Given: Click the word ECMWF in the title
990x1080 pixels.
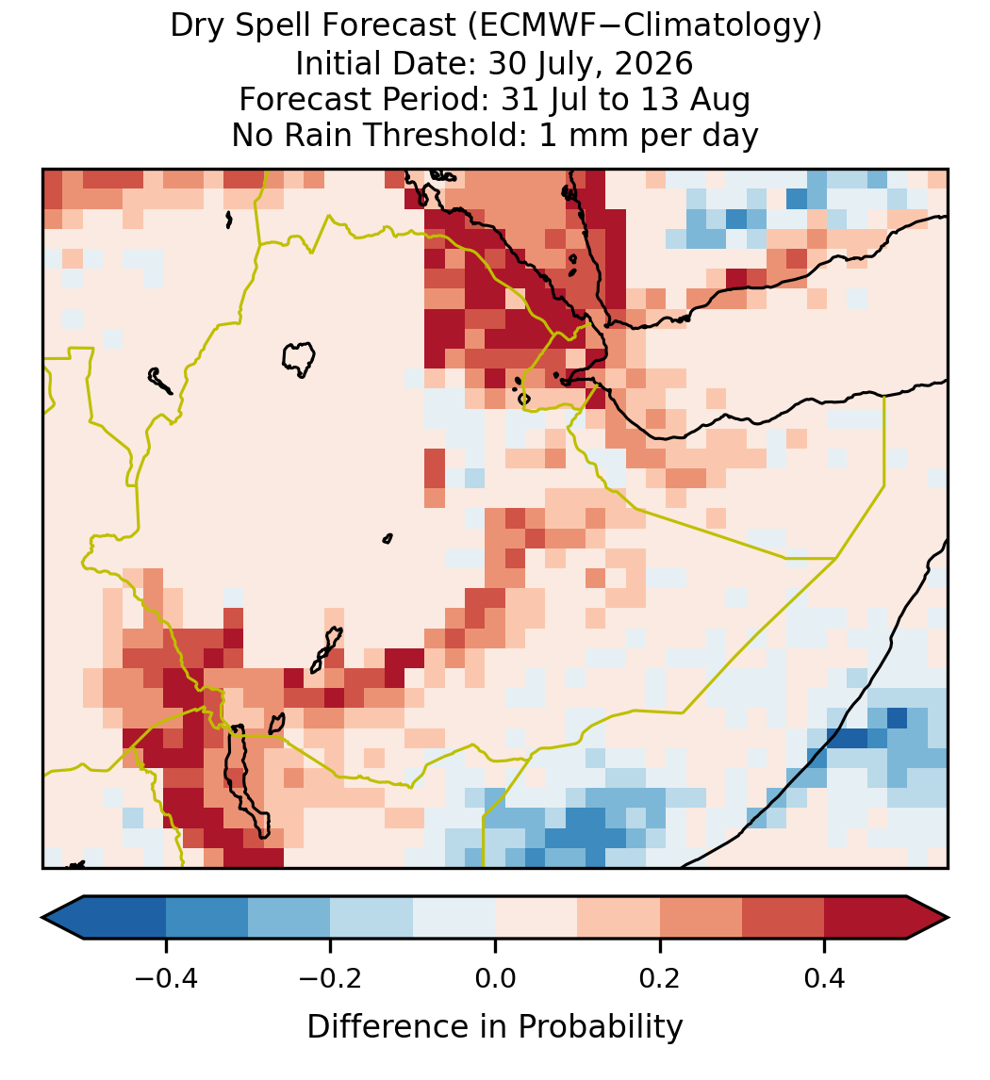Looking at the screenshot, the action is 528,26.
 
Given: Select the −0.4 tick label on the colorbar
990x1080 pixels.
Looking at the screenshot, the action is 166,977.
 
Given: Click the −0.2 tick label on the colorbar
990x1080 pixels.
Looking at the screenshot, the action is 330,977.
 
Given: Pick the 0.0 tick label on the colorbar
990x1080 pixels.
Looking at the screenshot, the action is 495,977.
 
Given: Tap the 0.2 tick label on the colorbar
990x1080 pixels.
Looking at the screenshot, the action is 659,977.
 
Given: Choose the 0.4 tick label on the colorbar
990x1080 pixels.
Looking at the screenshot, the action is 824,977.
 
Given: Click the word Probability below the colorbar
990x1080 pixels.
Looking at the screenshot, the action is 600,1027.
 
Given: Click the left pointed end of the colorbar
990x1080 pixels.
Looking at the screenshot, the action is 42,918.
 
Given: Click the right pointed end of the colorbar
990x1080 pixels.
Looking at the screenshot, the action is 948,918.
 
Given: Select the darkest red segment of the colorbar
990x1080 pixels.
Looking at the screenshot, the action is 866,918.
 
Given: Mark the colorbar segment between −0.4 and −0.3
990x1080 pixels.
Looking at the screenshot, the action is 206,918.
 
